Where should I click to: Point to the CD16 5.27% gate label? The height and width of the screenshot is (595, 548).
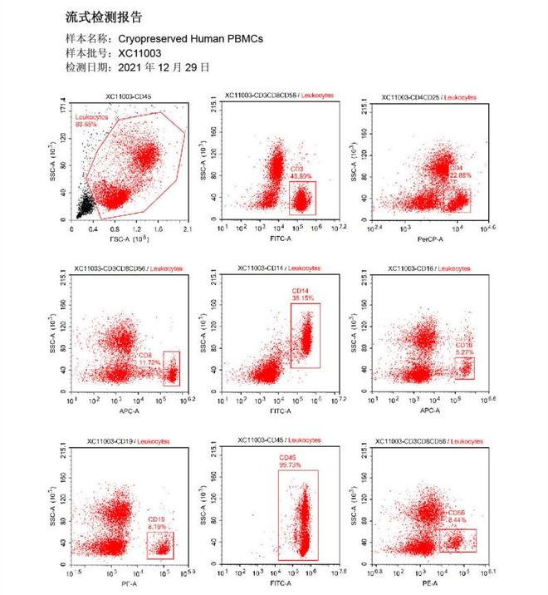[464, 347]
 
